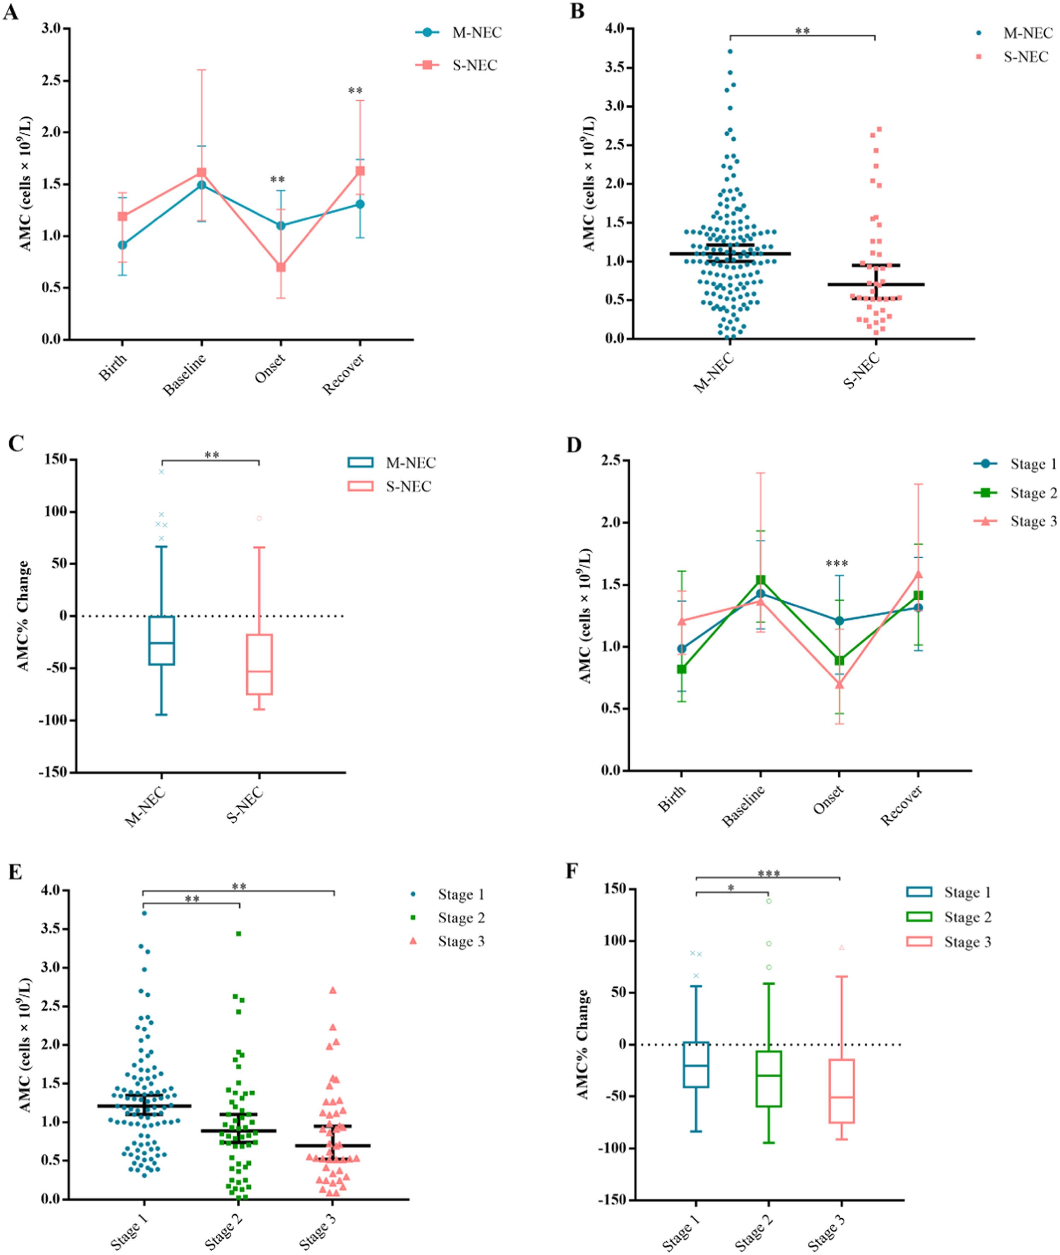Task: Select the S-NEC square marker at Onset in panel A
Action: point(281,267)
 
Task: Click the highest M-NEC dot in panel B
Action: point(730,52)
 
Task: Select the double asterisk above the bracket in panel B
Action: point(802,31)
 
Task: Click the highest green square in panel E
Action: point(238,933)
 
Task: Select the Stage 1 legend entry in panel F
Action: point(967,892)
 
